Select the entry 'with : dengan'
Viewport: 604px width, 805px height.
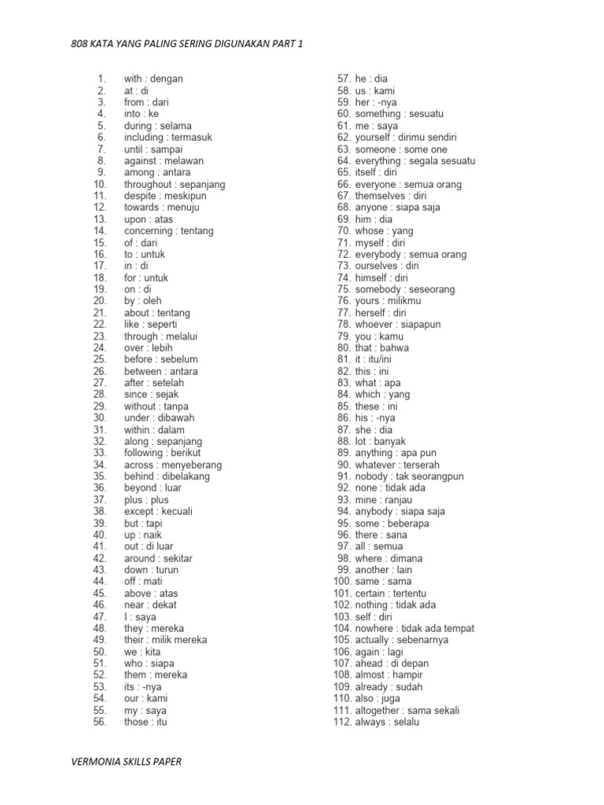click(x=153, y=79)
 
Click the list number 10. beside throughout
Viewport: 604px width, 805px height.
click(x=99, y=184)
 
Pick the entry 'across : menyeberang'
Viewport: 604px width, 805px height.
click(x=173, y=465)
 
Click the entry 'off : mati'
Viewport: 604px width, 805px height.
click(x=143, y=582)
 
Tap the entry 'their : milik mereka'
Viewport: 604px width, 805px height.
click(x=166, y=640)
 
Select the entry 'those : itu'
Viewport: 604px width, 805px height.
click(x=145, y=722)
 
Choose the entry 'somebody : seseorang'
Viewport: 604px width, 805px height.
click(x=405, y=289)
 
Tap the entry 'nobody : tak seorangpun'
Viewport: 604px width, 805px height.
click(x=410, y=476)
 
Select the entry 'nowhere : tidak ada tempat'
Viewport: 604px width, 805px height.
click(x=414, y=628)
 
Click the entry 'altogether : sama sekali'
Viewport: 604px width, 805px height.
click(x=407, y=710)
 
